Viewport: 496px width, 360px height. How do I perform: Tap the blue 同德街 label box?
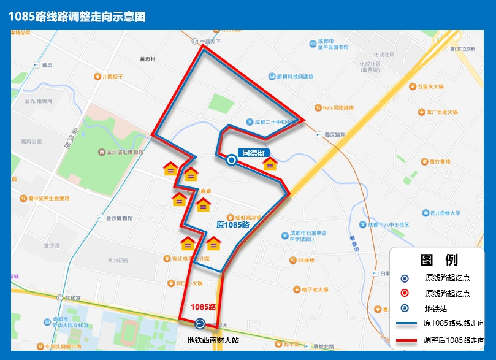(x=253, y=153)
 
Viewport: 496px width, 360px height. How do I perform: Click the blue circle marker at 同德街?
(x=232, y=160)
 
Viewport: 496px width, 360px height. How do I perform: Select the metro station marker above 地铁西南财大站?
(x=199, y=324)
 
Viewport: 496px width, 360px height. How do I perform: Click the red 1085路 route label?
(x=204, y=307)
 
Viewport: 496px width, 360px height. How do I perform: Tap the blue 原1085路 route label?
(x=233, y=225)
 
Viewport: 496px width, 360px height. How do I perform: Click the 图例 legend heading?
(x=439, y=259)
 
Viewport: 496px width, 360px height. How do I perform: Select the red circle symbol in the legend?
(x=404, y=293)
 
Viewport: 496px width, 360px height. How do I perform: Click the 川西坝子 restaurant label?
(x=112, y=77)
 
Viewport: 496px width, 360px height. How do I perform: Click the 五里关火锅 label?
(x=430, y=87)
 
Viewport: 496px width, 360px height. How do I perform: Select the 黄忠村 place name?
(x=148, y=59)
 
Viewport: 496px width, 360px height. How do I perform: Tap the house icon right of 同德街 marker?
(x=270, y=164)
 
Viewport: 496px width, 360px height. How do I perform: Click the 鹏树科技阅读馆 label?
(x=294, y=77)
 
